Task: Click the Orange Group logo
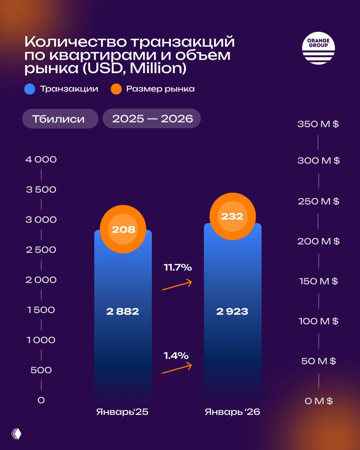click(x=318, y=48)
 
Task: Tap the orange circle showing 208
click(x=123, y=229)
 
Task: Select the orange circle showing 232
click(x=232, y=216)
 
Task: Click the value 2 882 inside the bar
click(x=123, y=311)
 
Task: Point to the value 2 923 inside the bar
click(x=232, y=311)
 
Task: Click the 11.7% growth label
click(x=178, y=268)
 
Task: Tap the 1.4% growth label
click(x=176, y=355)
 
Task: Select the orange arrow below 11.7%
click(x=177, y=285)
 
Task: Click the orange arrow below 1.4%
click(x=177, y=368)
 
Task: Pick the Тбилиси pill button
click(x=60, y=118)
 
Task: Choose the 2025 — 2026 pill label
click(x=152, y=118)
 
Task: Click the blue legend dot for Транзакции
click(x=30, y=89)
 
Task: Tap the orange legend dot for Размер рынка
click(x=116, y=89)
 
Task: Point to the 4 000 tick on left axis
click(x=41, y=160)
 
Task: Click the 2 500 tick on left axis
click(x=41, y=250)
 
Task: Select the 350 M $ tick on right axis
click(x=318, y=124)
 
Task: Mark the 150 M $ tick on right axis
click(x=318, y=281)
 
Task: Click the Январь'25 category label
click(x=122, y=412)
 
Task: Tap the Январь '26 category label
click(x=232, y=412)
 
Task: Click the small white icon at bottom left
click(x=16, y=434)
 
